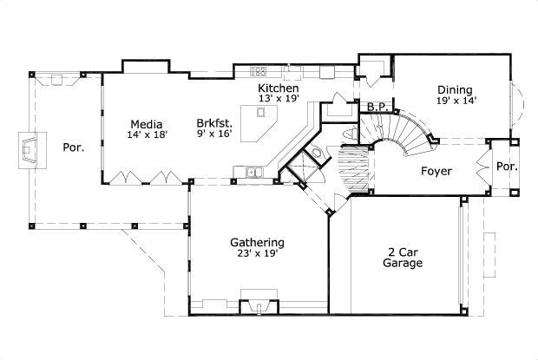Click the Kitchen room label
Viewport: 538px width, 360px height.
tap(279, 88)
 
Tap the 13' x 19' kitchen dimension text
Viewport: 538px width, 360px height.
tap(279, 100)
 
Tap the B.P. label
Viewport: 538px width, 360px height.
tap(377, 108)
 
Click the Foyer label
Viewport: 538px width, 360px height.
tap(436, 171)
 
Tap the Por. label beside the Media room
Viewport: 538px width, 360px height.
tap(73, 147)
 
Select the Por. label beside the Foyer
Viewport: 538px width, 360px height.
tap(505, 166)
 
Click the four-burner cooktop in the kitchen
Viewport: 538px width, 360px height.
tap(259, 71)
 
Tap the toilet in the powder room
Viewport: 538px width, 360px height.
tap(318, 154)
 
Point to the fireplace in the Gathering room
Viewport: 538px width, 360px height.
tap(258, 305)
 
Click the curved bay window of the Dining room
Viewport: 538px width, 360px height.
tap(518, 102)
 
